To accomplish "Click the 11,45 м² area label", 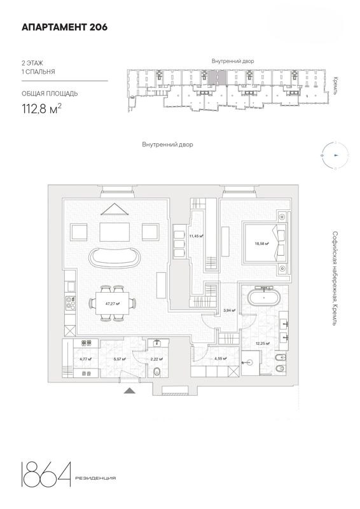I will [x=196, y=236].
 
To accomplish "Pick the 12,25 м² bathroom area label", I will [x=263, y=344].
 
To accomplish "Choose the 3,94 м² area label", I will [x=230, y=310].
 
